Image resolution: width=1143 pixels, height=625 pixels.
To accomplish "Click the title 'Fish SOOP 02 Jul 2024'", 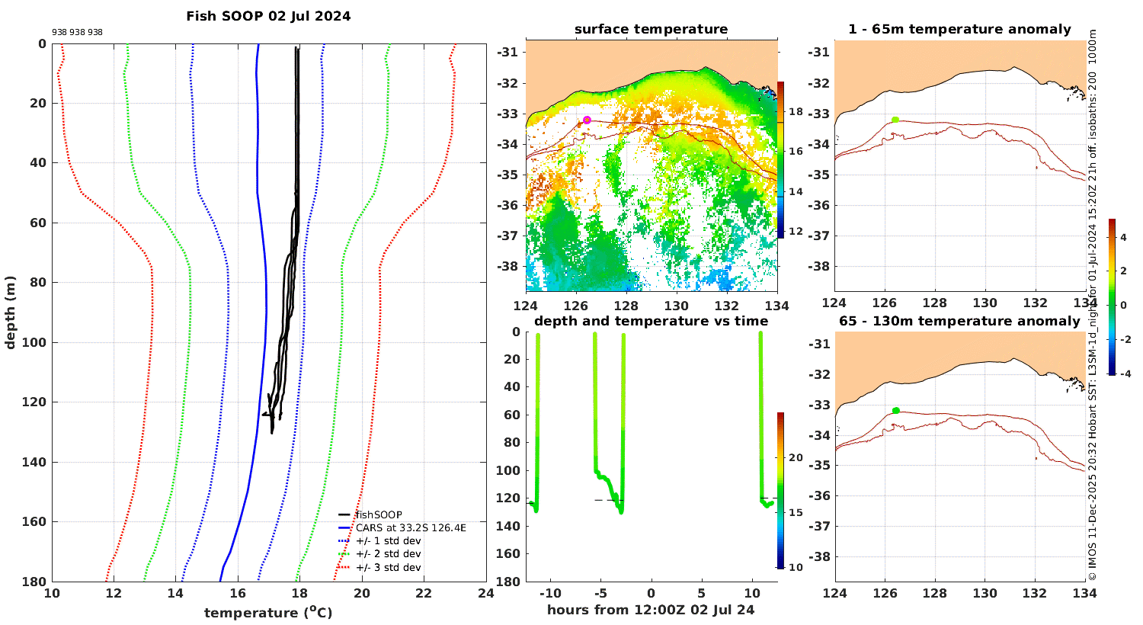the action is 268,16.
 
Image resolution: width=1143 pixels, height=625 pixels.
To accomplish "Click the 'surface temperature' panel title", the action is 651,29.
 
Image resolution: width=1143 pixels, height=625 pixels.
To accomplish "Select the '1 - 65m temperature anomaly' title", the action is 959,29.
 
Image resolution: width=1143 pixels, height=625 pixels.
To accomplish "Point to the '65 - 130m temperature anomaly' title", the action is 959,321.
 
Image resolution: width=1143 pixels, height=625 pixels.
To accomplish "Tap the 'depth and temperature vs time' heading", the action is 651,321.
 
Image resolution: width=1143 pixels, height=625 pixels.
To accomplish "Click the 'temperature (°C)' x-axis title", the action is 268,612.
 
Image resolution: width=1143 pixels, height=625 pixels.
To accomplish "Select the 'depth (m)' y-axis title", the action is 10,312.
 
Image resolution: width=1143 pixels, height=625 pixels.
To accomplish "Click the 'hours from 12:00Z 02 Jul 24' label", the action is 651,610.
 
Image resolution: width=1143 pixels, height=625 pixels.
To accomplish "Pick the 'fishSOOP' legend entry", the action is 379,514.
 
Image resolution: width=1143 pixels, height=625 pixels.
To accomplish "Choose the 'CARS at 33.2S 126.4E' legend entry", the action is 411,528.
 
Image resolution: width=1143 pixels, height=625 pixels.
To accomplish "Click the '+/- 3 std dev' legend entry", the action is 389,567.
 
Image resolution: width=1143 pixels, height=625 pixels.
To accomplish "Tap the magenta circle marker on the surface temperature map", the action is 587,120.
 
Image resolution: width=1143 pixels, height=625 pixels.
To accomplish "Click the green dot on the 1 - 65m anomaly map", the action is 895,120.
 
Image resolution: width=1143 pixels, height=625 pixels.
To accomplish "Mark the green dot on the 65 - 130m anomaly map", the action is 896,411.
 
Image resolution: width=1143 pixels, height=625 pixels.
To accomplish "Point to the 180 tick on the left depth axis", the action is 34,582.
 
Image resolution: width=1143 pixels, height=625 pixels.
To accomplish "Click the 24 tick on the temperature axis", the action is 486,593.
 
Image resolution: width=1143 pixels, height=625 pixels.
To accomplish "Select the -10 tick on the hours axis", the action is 550,593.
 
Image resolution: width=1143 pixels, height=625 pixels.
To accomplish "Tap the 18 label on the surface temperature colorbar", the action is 796,112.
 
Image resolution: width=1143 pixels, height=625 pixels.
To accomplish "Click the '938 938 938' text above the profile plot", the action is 77,32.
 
